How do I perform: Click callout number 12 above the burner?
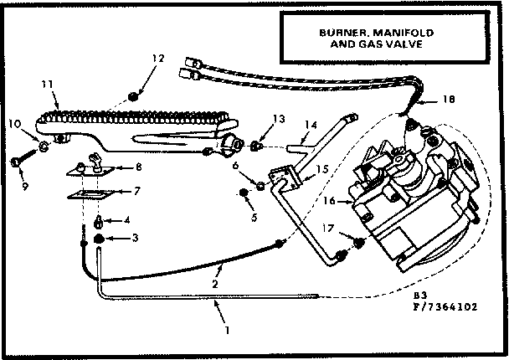click(x=157, y=58)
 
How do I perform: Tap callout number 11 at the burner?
click(x=47, y=84)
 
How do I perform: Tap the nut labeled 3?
click(x=98, y=239)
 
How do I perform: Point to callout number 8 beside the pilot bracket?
click(x=139, y=167)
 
